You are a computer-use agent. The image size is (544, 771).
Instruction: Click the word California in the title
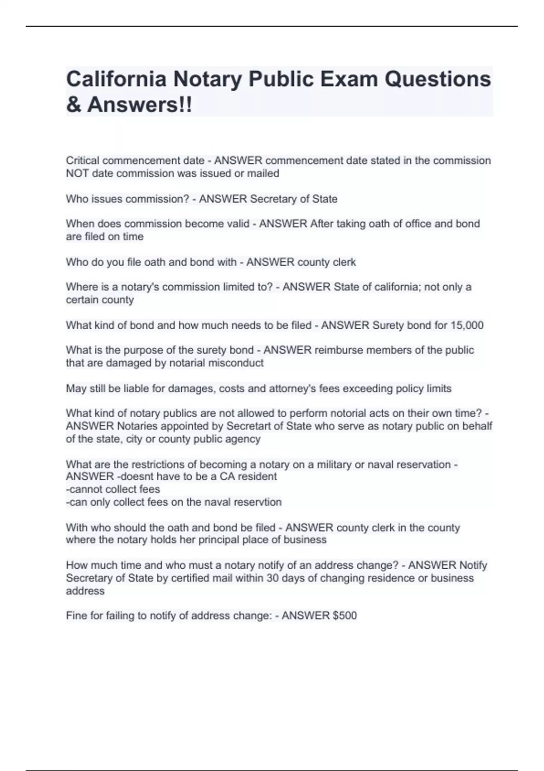click(116, 79)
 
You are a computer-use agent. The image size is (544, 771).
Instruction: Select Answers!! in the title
click(140, 105)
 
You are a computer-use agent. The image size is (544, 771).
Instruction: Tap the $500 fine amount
click(345, 615)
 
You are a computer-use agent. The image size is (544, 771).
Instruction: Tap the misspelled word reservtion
click(259, 502)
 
